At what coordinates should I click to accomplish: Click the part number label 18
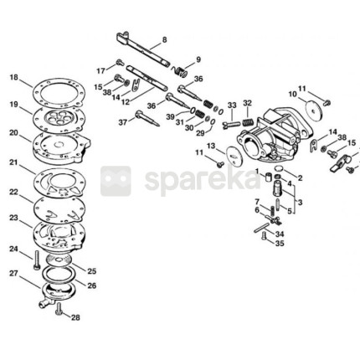click(13, 78)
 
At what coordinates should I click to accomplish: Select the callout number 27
click(13, 274)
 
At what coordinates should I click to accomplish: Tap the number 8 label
click(165, 40)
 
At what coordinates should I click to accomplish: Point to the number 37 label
click(123, 122)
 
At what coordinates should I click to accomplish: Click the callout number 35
click(280, 244)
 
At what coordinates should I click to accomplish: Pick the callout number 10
click(293, 95)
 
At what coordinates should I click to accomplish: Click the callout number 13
click(211, 146)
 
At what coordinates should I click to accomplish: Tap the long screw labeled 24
click(37, 260)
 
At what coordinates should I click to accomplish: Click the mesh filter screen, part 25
click(59, 260)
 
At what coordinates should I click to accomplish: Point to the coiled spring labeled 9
click(179, 71)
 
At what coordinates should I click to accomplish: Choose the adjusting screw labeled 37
click(147, 118)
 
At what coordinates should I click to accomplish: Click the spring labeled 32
click(248, 122)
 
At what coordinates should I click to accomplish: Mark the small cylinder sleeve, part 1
click(269, 177)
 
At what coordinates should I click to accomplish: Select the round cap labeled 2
click(279, 169)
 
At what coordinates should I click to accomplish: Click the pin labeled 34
click(262, 227)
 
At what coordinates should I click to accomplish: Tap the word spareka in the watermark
click(203, 180)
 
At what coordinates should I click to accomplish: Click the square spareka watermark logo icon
click(116, 181)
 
